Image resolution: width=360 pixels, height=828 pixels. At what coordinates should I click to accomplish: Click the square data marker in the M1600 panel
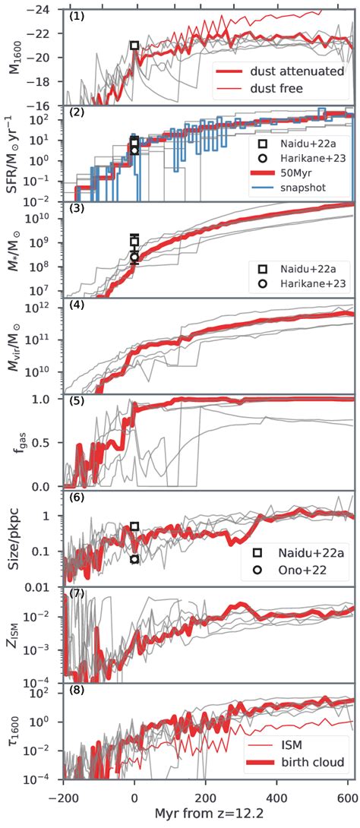pos(134,46)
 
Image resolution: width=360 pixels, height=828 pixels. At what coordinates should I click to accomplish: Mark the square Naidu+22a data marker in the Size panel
pos(134,526)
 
